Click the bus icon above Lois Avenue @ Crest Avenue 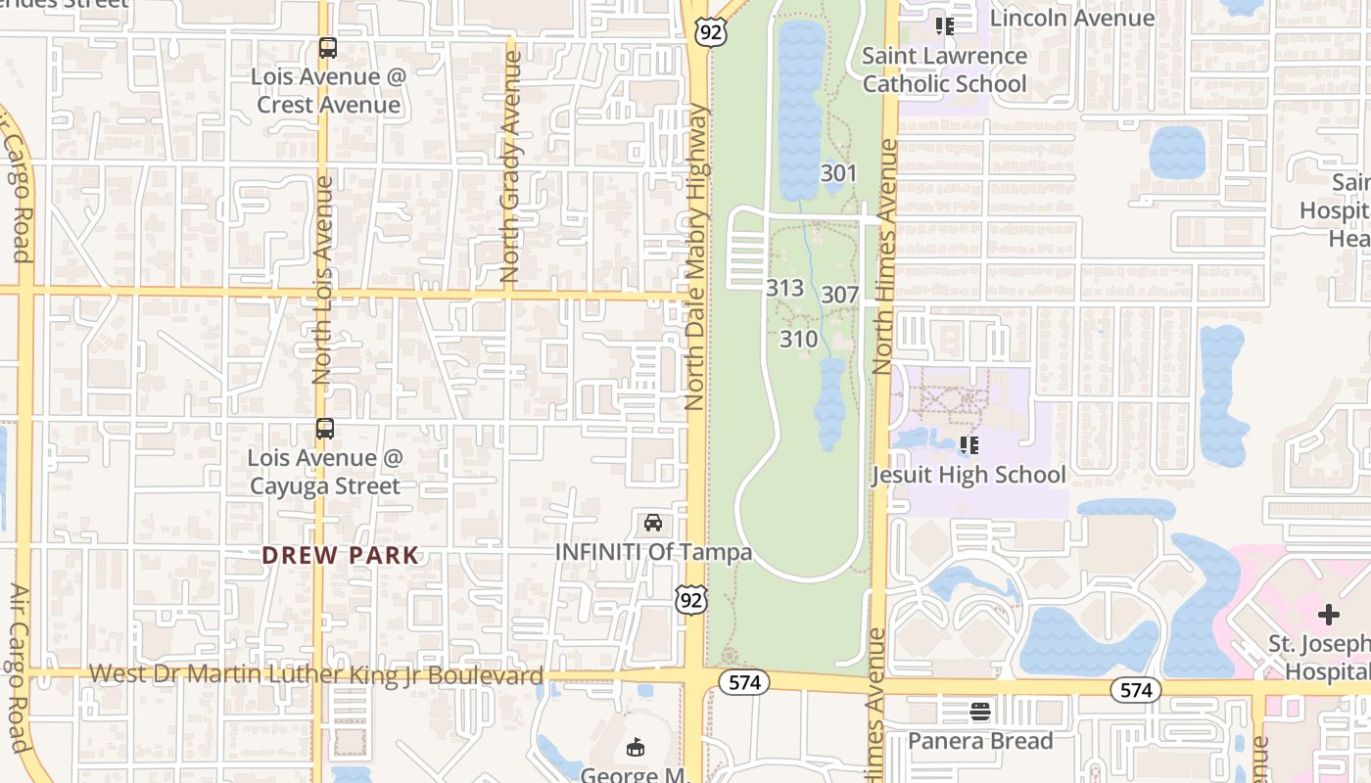click(328, 48)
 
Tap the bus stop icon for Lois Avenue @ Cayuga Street click(325, 429)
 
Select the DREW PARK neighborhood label click(340, 556)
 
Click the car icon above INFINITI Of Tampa click(653, 523)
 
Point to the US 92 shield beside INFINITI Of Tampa click(691, 600)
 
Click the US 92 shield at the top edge click(712, 30)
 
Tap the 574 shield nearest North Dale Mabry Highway click(744, 682)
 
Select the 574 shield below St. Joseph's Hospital click(1136, 690)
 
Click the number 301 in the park click(838, 173)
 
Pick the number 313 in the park click(784, 288)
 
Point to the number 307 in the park click(839, 295)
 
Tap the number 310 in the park click(798, 340)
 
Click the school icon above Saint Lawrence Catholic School click(944, 25)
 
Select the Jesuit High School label click(969, 476)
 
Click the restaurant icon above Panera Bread click(980, 711)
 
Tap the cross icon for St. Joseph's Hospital click(1328, 615)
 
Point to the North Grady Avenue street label click(510, 166)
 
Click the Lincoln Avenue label click(1072, 18)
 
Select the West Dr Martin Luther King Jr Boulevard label click(316, 675)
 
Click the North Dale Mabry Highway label click(696, 256)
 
